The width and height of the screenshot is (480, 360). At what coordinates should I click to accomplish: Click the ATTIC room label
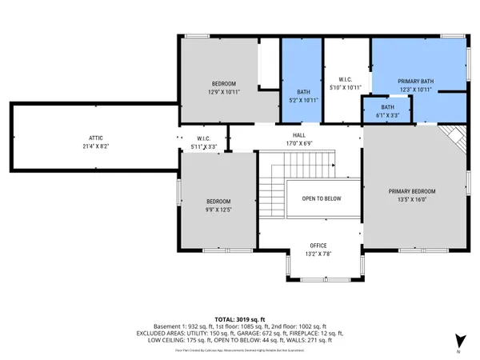tap(95, 138)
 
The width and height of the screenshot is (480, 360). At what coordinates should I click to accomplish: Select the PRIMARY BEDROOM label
tap(412, 191)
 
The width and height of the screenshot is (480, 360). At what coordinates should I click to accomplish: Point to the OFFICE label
tap(319, 246)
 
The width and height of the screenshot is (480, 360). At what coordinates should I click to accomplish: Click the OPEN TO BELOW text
tap(322, 199)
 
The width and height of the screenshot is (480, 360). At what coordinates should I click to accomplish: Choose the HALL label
tap(299, 136)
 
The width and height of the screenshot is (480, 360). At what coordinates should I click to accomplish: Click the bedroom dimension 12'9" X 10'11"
tap(224, 92)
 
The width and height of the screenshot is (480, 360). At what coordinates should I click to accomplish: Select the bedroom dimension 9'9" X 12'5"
tap(218, 210)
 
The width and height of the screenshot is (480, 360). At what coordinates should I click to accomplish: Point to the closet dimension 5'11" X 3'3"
tap(203, 147)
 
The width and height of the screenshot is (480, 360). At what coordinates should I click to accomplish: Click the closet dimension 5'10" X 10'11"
tap(346, 87)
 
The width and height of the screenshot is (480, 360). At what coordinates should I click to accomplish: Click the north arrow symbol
tap(458, 340)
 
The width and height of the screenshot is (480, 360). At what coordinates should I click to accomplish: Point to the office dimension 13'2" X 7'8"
tap(319, 254)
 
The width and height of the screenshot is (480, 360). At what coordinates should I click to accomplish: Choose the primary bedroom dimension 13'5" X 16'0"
tap(412, 200)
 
